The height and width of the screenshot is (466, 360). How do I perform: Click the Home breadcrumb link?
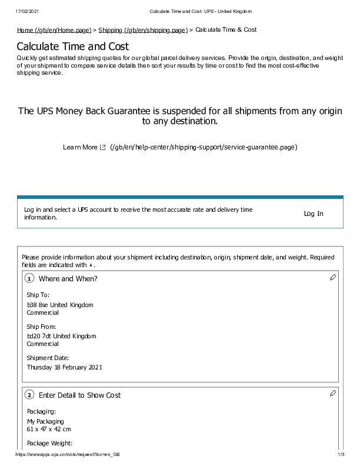pyautogui.click(x=54, y=30)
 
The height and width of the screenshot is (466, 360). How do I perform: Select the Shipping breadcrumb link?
pyautogui.click(x=143, y=30)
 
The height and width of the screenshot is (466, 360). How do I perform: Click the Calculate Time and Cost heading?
pyautogui.click(x=73, y=46)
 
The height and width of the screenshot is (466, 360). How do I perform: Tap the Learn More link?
pyautogui.click(x=80, y=147)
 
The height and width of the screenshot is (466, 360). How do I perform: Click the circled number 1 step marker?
pyautogui.click(x=29, y=279)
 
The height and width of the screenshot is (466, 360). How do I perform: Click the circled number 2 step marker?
pyautogui.click(x=29, y=395)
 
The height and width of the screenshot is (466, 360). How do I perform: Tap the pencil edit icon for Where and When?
pyautogui.click(x=333, y=277)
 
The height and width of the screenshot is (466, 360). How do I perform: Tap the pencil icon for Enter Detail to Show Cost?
pyautogui.click(x=333, y=392)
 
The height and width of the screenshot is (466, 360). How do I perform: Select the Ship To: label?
pyautogui.click(x=38, y=295)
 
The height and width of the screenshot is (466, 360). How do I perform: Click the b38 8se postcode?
pyautogui.click(x=38, y=305)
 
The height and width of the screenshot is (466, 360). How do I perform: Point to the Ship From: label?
pyautogui.click(x=42, y=326)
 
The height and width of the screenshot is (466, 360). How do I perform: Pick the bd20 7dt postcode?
pyautogui.click(x=39, y=336)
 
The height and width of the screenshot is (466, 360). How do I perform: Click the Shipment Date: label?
pyautogui.click(x=48, y=358)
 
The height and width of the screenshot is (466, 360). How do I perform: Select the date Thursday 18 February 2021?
pyautogui.click(x=65, y=367)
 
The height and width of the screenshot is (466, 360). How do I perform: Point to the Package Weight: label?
pyautogui.click(x=50, y=443)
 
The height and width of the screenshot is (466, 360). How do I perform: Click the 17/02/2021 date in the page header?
pyautogui.click(x=28, y=11)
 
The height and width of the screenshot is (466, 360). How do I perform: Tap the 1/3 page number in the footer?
pyautogui.click(x=341, y=455)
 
